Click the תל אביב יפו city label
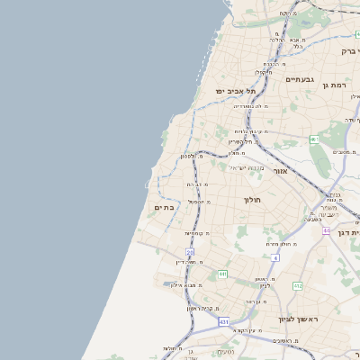click(x=236, y=91)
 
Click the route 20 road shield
click(x=189, y=252)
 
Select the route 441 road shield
click(x=222, y=274)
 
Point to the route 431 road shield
click(x=223, y=321)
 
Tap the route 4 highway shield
click(x=275, y=257)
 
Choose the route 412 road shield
click(x=297, y=285)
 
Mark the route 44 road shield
click(x=326, y=231)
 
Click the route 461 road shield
click(x=314, y=139)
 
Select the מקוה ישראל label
click(x=244, y=168)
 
